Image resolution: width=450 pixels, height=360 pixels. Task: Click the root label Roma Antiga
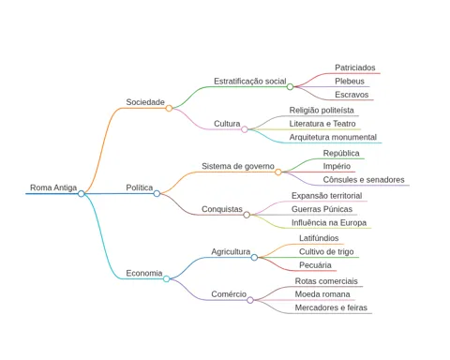[x=53, y=187]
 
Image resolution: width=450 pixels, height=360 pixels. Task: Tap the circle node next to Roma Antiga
[x=82, y=194]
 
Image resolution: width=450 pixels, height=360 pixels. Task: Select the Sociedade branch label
[x=145, y=102]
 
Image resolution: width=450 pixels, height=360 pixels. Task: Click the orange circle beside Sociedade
[x=169, y=108]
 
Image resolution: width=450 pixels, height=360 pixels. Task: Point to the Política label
[x=140, y=187]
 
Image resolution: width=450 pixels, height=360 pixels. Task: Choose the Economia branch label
[x=144, y=273]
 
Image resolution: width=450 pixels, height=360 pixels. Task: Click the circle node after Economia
[x=167, y=278]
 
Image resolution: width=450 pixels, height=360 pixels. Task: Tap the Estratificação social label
[x=250, y=82]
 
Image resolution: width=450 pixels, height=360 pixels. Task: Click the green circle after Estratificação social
[x=290, y=86]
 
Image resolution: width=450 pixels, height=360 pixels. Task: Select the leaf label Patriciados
[x=355, y=67]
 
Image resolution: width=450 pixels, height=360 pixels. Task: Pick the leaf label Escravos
[x=352, y=95]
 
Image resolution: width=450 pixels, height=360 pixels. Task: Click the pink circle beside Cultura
[x=245, y=129]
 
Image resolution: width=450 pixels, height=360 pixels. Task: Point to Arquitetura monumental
[x=333, y=137]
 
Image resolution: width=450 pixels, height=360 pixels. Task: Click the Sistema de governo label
[x=238, y=166]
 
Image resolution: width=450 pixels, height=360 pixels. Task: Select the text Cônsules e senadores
[x=364, y=180]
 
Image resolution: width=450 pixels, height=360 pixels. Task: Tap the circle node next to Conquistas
[x=247, y=215]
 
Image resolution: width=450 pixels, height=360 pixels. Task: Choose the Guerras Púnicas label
[x=322, y=209]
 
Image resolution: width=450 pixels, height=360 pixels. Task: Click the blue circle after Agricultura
[x=254, y=257]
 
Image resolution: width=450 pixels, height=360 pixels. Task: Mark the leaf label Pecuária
[x=315, y=265]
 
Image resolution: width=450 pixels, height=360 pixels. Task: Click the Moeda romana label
[x=322, y=294]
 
